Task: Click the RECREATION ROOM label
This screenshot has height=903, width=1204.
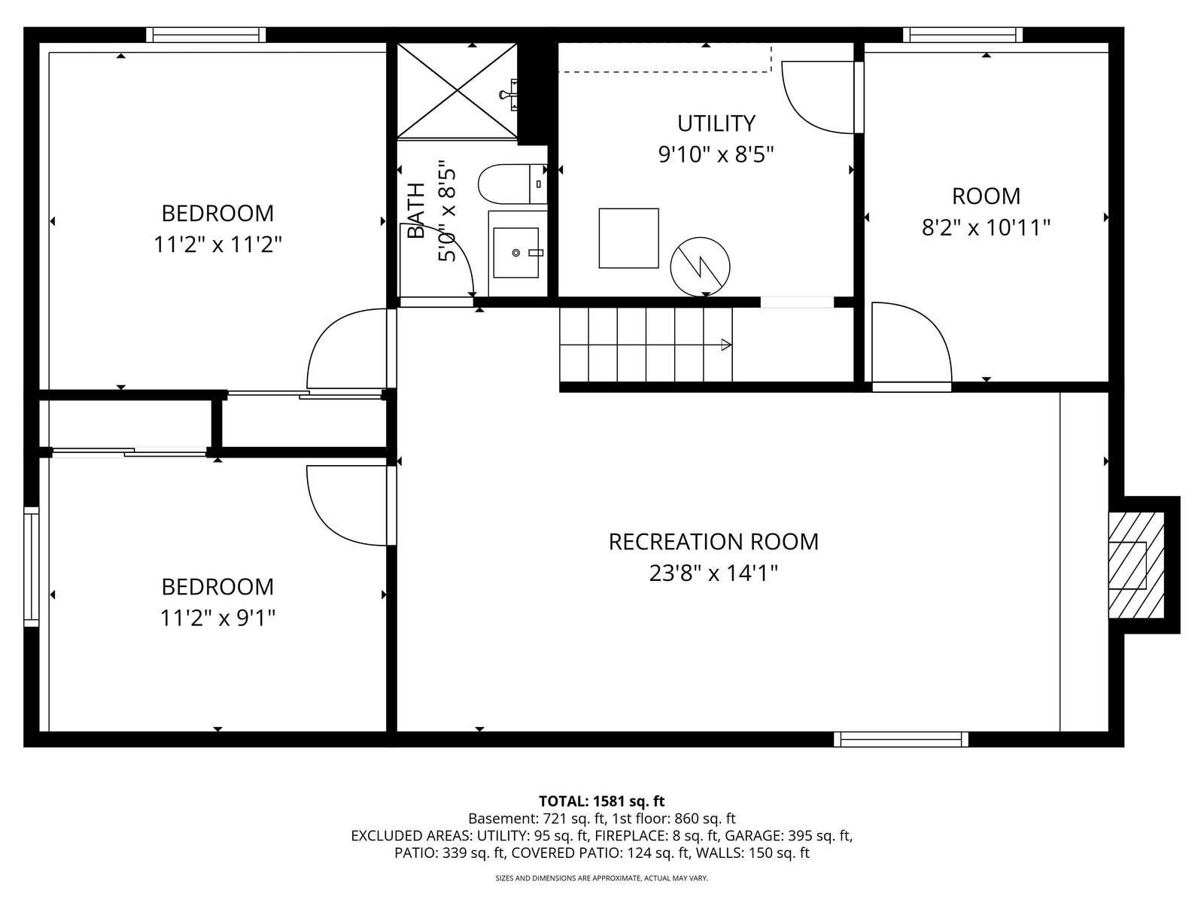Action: point(713,542)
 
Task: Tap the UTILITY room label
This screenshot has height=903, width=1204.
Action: point(716,124)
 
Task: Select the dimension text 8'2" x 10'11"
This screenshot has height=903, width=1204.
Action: point(986,227)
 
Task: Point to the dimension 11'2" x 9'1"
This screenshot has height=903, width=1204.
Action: point(217,619)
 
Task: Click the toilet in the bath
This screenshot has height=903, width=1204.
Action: point(512,184)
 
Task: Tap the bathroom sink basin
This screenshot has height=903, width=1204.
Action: point(515,253)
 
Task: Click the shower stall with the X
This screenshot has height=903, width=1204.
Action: point(457,90)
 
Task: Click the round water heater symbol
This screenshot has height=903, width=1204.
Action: point(700,267)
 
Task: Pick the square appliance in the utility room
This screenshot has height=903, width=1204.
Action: point(628,238)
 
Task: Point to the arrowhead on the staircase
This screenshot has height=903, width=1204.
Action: point(725,345)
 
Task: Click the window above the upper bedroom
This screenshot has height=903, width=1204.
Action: point(206,35)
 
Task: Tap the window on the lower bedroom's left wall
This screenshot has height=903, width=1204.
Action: point(32,567)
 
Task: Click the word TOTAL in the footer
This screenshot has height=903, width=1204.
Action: point(563,801)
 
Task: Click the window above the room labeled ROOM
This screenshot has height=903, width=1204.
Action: point(962,35)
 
